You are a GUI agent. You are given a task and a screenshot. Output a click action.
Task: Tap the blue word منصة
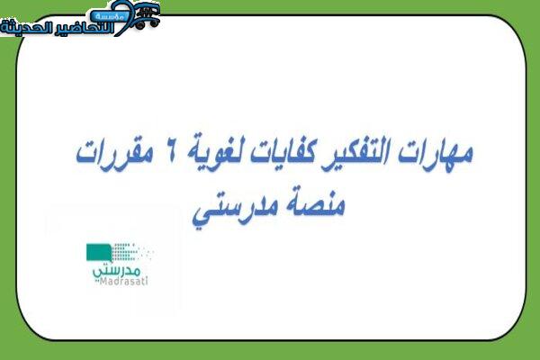coord(313,205)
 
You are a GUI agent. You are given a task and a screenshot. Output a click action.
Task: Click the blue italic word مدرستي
coord(235,209)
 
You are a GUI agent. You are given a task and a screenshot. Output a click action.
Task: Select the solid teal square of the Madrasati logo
coord(99,252)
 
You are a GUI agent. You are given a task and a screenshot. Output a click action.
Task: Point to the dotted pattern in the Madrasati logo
coord(130,252)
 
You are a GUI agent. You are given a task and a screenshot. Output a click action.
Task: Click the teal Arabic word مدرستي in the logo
coord(116,270)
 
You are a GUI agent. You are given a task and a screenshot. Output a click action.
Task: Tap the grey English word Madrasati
coord(121,281)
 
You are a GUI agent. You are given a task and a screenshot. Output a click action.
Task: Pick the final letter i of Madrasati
coord(147,281)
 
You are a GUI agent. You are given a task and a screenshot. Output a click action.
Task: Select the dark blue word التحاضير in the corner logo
coord(85,28)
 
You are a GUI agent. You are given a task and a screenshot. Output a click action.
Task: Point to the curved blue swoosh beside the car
coord(123,19)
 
